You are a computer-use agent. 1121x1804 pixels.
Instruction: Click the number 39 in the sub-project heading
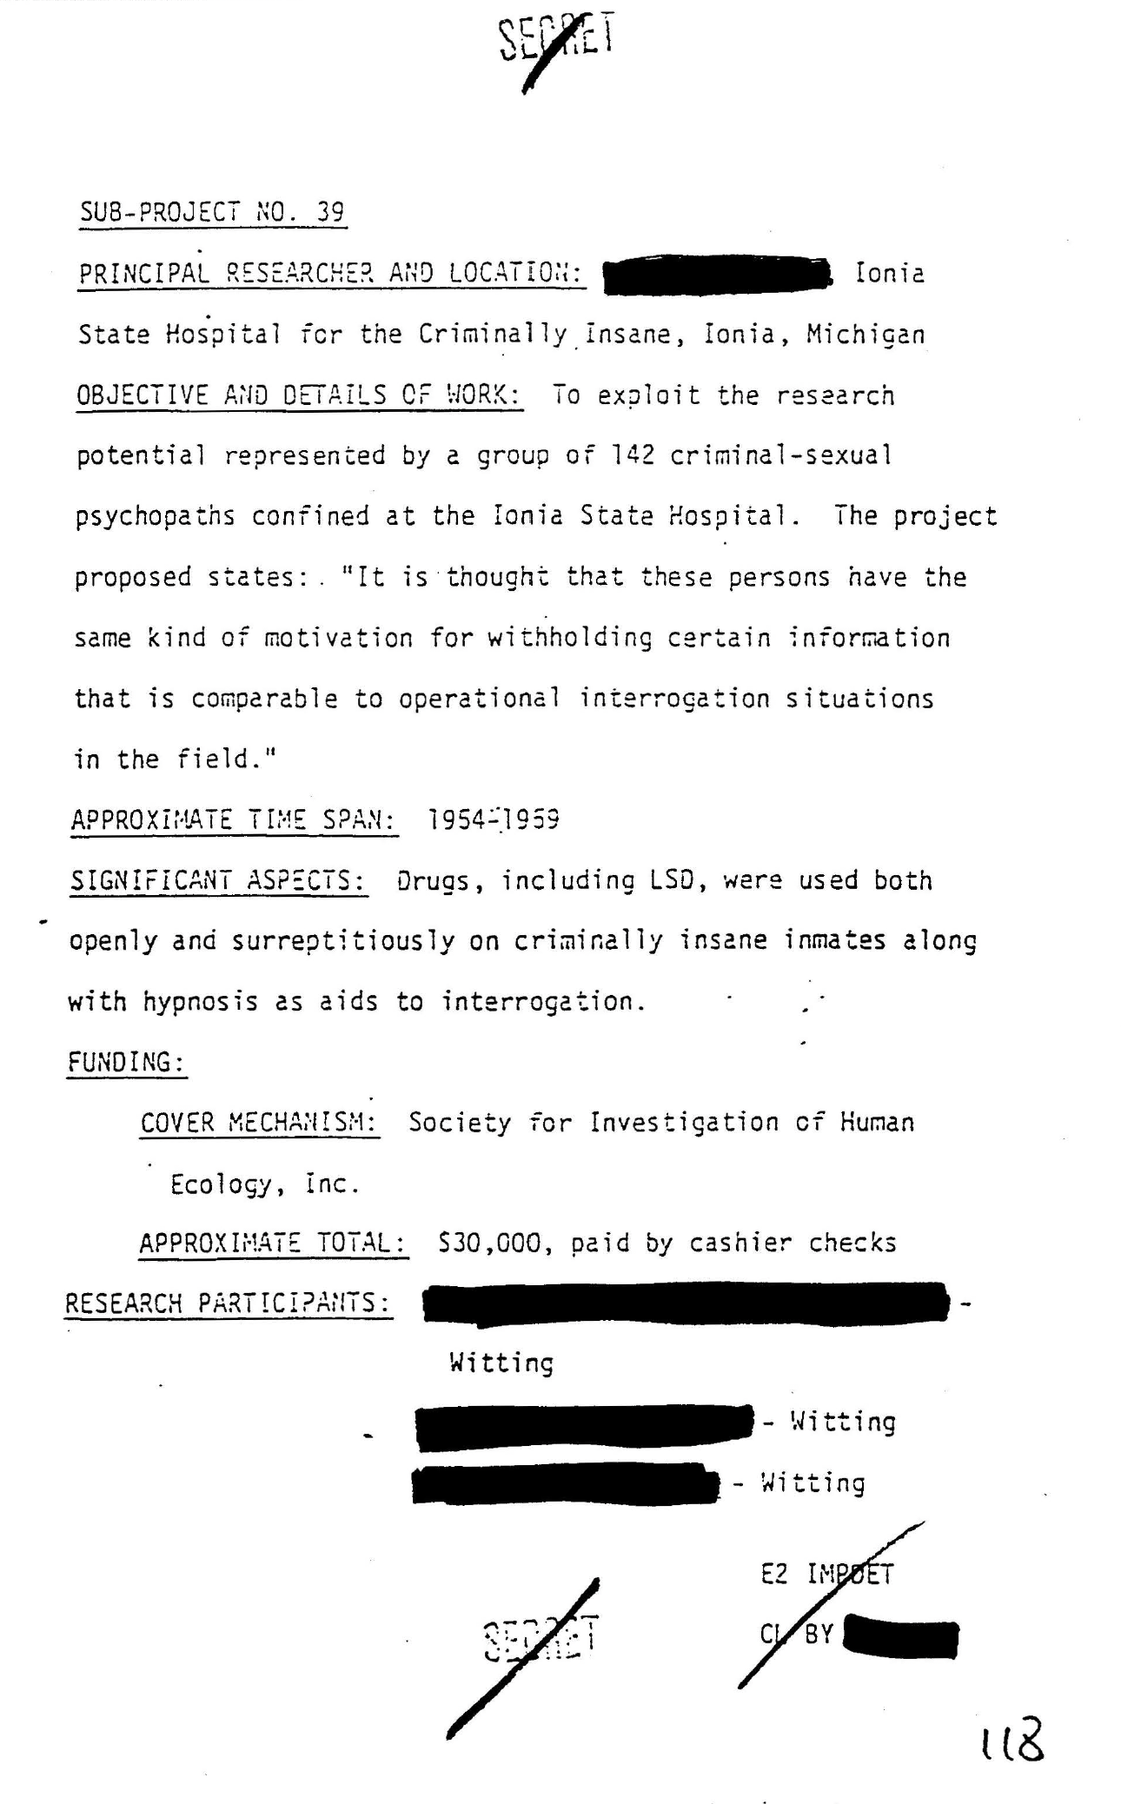330,212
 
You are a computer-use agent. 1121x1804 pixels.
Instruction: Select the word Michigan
866,335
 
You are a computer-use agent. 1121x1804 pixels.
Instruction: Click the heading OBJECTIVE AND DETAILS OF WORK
299,396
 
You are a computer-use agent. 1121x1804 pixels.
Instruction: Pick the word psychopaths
155,517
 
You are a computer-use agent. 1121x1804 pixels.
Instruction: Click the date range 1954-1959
494,819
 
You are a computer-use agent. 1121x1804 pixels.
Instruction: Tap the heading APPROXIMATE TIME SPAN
234,820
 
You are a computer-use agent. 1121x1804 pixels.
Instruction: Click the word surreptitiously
343,941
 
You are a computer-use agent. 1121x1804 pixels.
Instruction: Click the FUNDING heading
127,1062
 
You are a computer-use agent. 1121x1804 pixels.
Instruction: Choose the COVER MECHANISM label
259,1123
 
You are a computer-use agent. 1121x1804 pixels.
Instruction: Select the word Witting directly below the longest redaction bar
501,1363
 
